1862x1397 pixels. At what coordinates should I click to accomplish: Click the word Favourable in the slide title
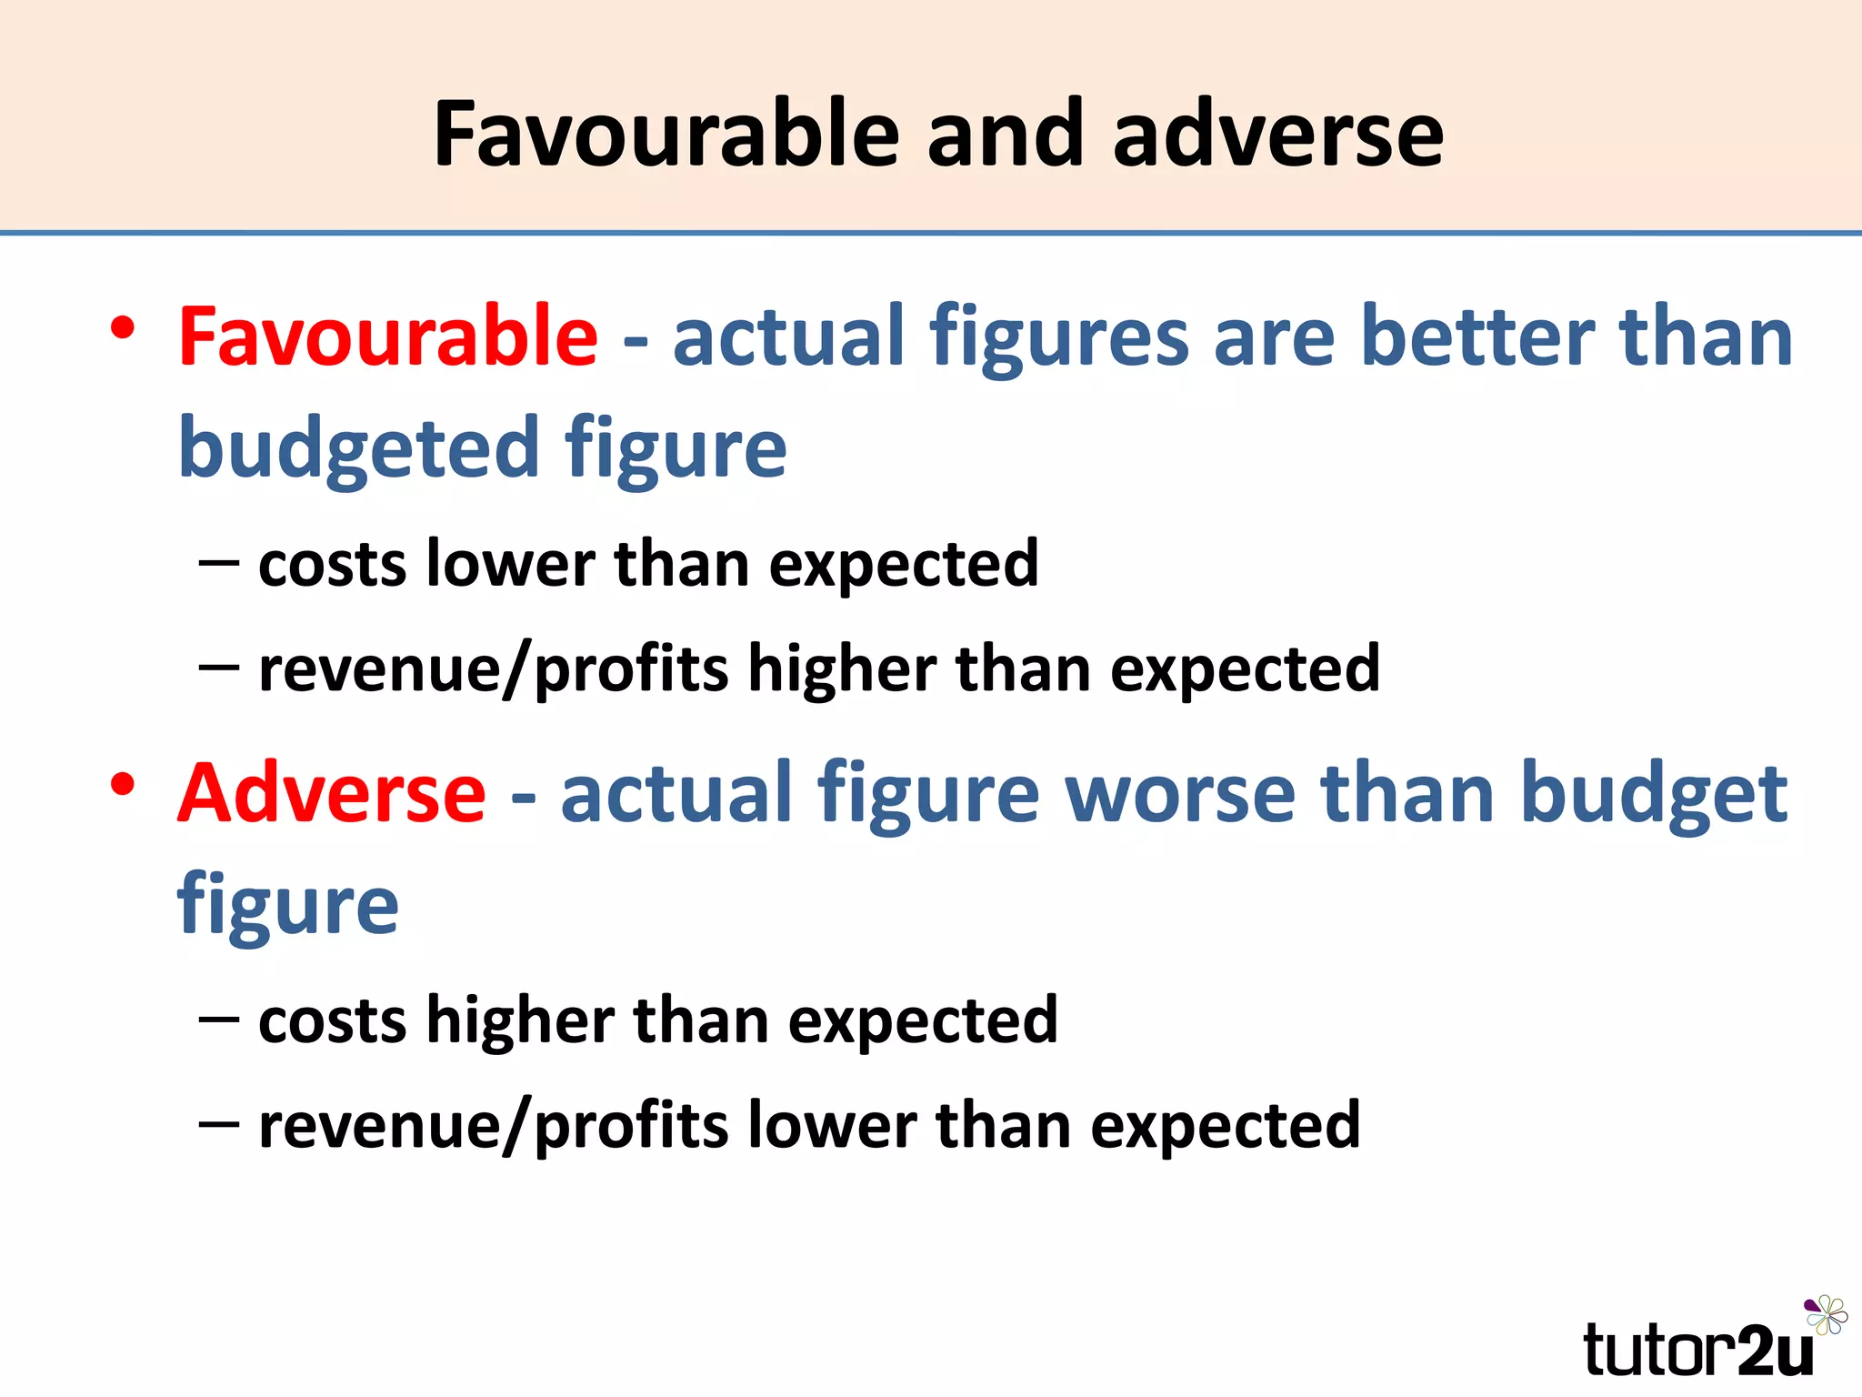pos(666,134)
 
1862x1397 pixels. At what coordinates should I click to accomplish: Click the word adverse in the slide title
pos(1277,134)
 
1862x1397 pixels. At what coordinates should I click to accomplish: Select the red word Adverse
pos(332,793)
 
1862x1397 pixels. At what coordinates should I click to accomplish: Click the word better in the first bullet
pos(1477,336)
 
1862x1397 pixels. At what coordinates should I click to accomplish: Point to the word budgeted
pos(359,447)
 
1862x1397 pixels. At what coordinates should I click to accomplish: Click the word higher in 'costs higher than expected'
pos(520,1020)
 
